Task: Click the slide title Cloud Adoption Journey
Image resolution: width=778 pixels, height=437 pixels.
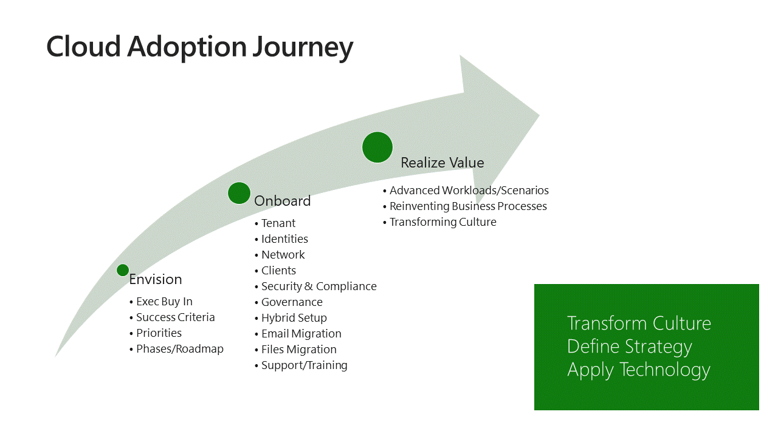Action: [x=199, y=47]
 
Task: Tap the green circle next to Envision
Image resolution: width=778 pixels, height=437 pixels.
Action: [x=123, y=270]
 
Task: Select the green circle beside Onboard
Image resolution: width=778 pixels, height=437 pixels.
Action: [x=239, y=193]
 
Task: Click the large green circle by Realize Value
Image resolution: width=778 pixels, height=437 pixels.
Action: [x=377, y=147]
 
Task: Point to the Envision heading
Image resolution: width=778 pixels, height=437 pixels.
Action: [x=156, y=279]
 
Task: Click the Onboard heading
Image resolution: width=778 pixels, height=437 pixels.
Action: [x=282, y=201]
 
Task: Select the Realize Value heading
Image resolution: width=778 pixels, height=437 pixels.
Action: [x=442, y=163]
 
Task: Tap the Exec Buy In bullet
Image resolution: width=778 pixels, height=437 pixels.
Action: [x=164, y=302]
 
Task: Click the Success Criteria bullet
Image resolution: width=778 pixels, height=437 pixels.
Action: [x=175, y=317]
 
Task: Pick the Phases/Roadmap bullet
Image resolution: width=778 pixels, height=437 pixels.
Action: [x=179, y=349]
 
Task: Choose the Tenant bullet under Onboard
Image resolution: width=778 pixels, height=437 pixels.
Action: [x=278, y=223]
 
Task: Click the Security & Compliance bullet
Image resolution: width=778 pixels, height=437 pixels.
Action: [x=318, y=286]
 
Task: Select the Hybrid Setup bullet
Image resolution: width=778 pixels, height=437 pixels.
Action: [x=294, y=318]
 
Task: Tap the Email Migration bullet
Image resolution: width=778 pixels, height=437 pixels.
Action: [x=301, y=334]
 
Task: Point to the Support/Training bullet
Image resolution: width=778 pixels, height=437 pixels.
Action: [x=304, y=365]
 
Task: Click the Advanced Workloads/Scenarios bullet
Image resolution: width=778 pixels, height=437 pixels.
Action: [x=469, y=191]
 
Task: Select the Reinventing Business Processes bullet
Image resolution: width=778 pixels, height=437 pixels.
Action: [x=468, y=206]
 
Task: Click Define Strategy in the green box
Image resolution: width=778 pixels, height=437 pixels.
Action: [x=629, y=347]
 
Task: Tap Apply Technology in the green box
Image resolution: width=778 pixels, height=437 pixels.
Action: [x=638, y=370]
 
